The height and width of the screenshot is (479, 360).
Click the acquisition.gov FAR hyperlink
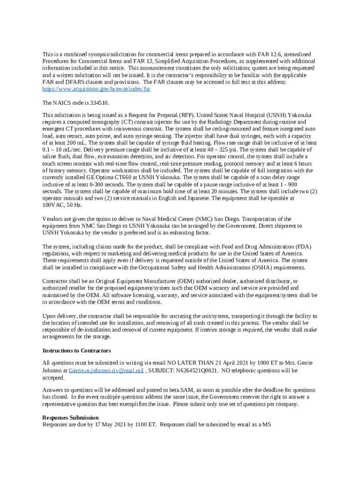97,88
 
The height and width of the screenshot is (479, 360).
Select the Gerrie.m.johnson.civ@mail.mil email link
106,370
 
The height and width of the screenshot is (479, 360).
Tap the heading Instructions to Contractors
77,350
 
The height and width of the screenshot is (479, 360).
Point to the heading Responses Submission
70,417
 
